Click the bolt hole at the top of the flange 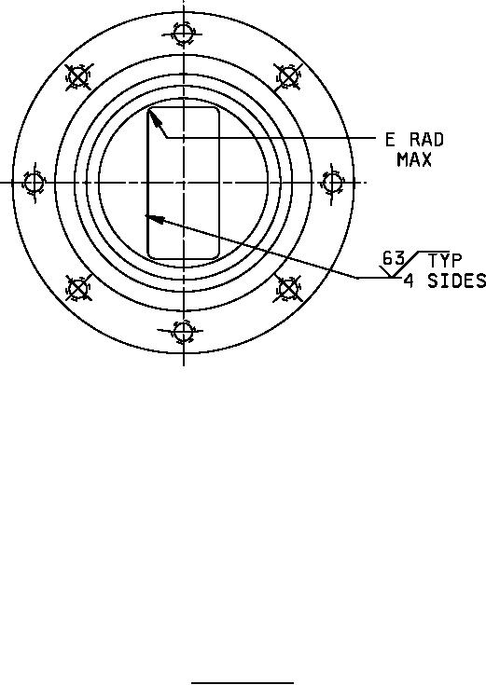[183, 33]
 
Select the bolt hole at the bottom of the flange [183, 331]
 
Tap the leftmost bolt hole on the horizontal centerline [34, 183]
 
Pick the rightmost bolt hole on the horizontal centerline [332, 183]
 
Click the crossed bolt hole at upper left [78, 77]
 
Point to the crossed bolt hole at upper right [288, 76]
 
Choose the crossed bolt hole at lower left [78, 288]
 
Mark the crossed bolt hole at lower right [288, 288]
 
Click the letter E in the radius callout [390, 140]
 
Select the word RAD [426, 140]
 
